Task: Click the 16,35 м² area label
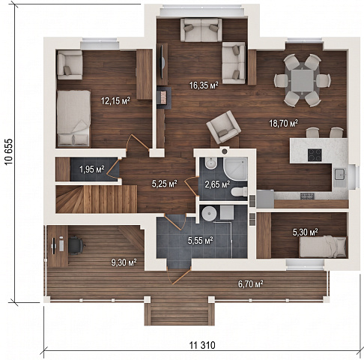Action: click(x=204, y=85)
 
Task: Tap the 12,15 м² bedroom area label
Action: click(x=115, y=101)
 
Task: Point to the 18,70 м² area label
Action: click(x=283, y=123)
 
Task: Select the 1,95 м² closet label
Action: click(x=91, y=169)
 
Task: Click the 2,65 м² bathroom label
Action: click(x=217, y=184)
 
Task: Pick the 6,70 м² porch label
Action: click(x=251, y=284)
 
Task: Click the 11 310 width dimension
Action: click(x=202, y=345)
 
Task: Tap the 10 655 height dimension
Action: click(x=9, y=151)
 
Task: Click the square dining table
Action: click(x=302, y=81)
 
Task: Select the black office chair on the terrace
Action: click(x=76, y=245)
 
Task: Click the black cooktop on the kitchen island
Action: click(x=315, y=155)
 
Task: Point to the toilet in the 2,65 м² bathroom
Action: click(x=239, y=192)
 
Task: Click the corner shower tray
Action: click(x=235, y=169)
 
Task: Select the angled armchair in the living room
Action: click(x=224, y=127)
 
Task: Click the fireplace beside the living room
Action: click(x=164, y=97)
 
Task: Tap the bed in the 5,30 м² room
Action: click(x=323, y=247)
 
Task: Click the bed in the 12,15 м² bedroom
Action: click(x=73, y=118)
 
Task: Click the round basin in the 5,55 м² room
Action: click(x=209, y=214)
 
